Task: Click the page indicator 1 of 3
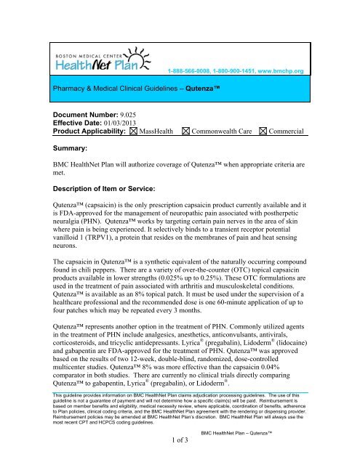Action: click(179, 458)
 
